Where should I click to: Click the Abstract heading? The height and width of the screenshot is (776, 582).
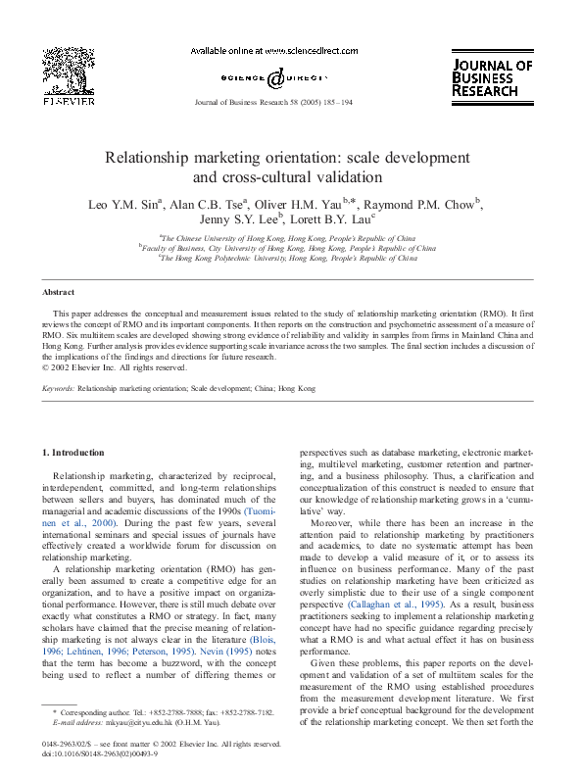pyautogui.click(x=59, y=293)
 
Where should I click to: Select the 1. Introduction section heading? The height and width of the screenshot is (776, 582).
pyautogui.click(x=73, y=453)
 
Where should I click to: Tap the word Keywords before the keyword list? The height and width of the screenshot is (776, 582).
pyautogui.click(x=59, y=389)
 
